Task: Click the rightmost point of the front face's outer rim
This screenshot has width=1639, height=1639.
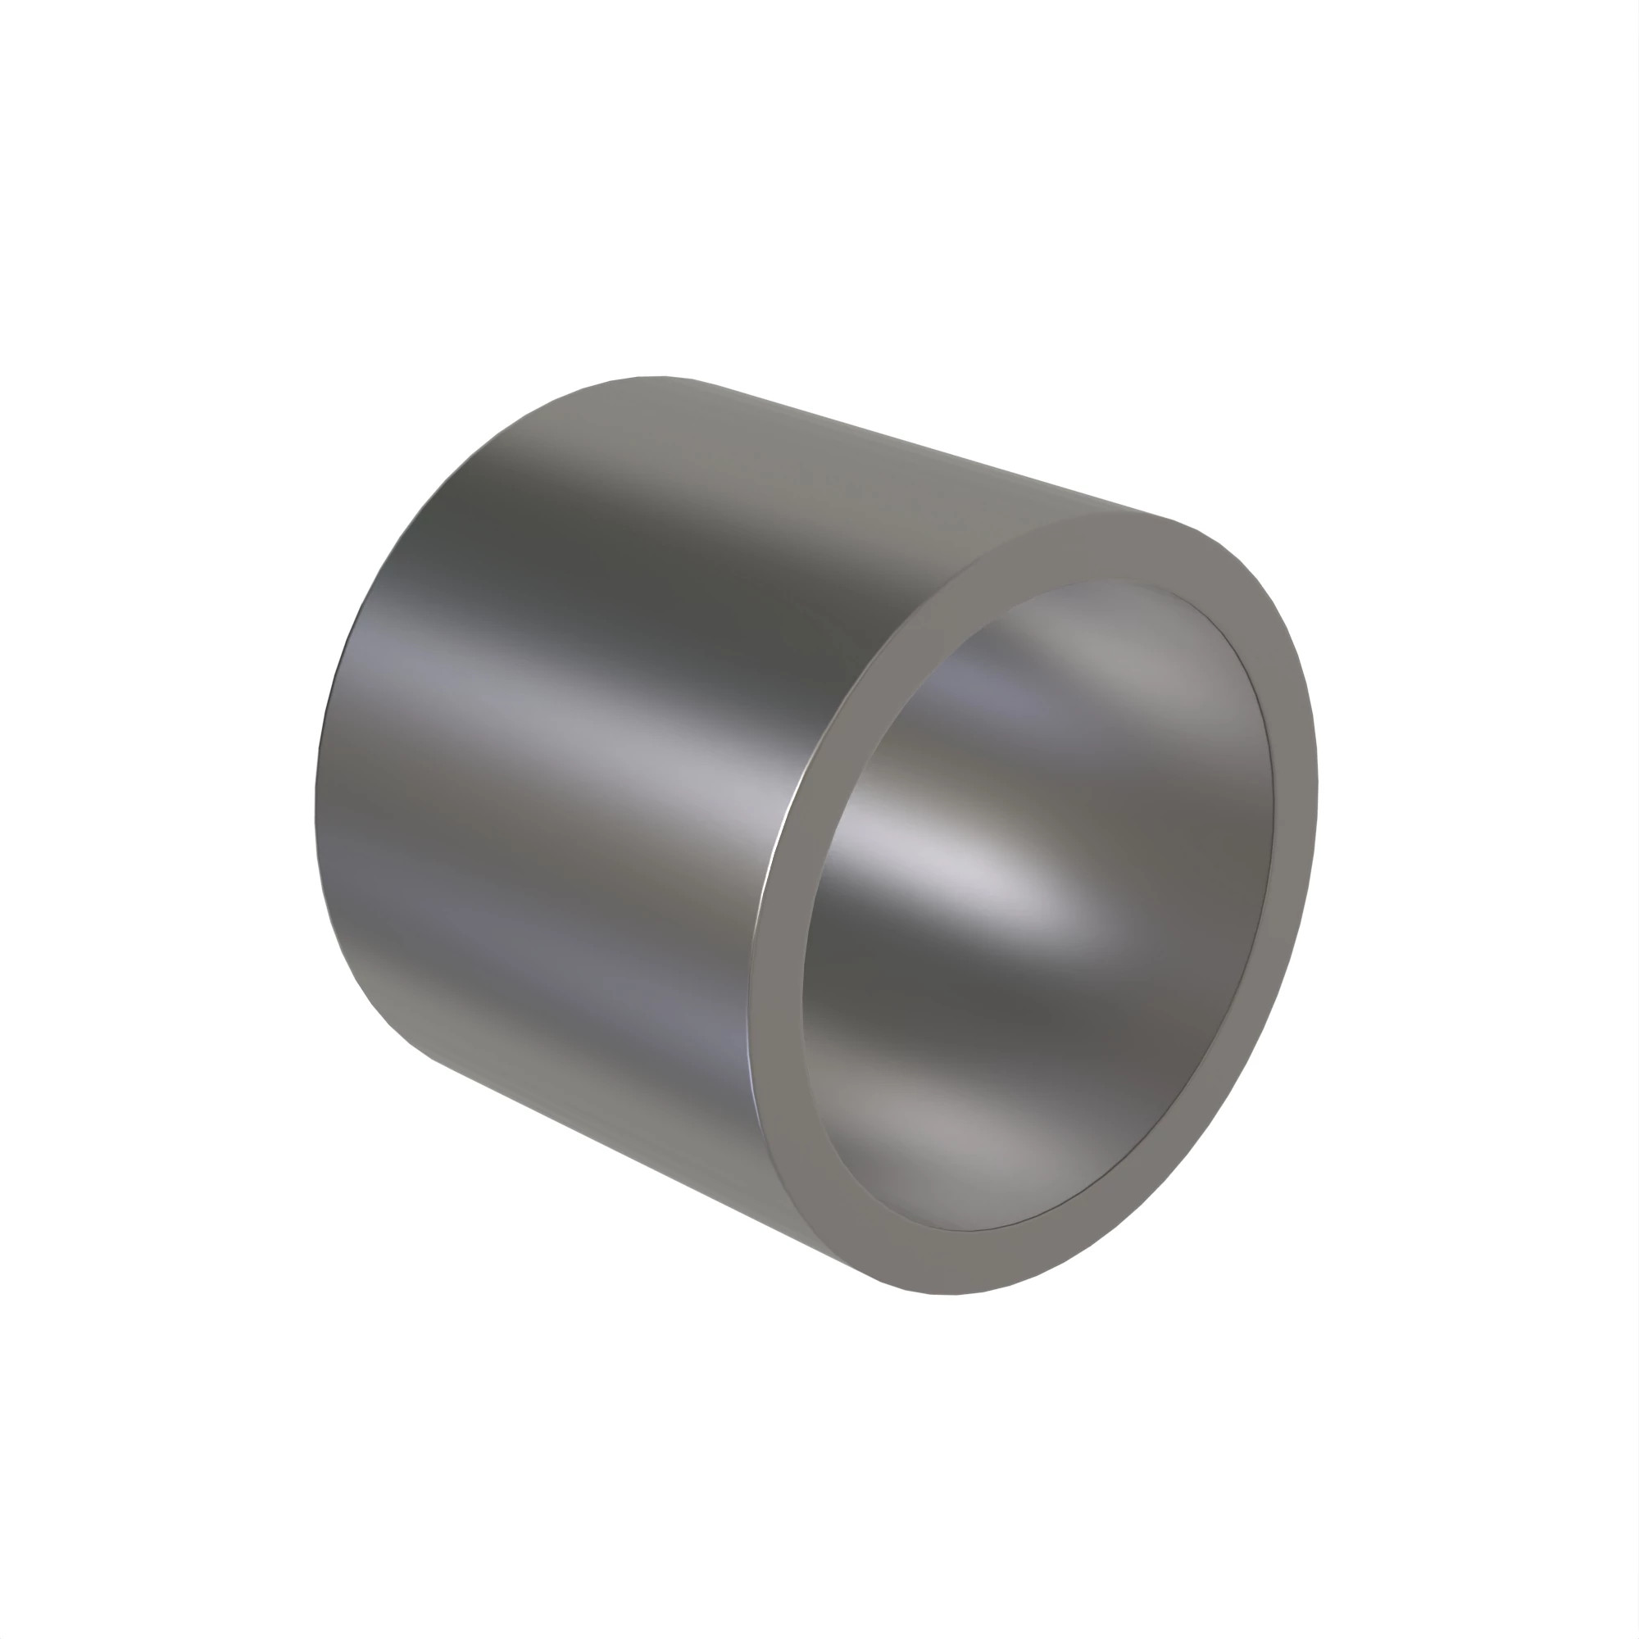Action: [1318, 789]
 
